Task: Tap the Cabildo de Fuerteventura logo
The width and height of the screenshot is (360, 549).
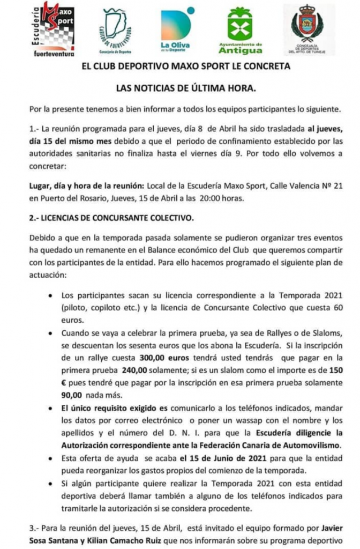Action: [x=116, y=31]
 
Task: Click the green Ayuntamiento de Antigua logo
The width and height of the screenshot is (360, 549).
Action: [x=240, y=30]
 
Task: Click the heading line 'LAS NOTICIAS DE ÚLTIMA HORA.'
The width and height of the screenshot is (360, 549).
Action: [x=180, y=88]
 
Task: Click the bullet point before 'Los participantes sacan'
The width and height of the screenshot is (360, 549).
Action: [x=50, y=296]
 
